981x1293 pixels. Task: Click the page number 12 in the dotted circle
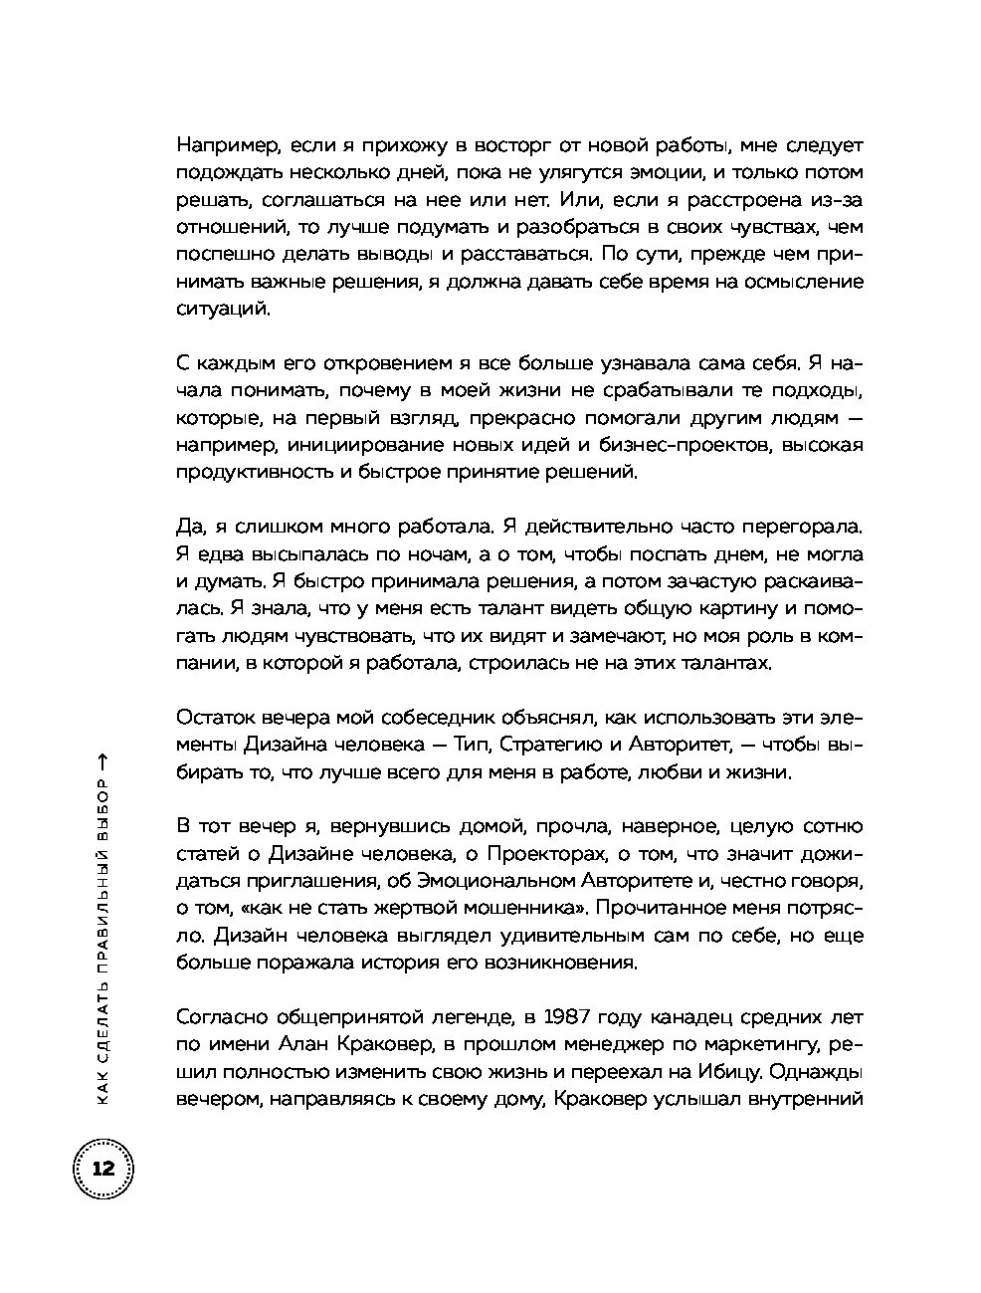103,1169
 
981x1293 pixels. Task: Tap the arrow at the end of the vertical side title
103,761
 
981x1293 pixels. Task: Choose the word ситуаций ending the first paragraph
222,309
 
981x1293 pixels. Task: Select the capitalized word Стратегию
561,744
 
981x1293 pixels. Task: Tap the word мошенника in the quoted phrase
516,908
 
